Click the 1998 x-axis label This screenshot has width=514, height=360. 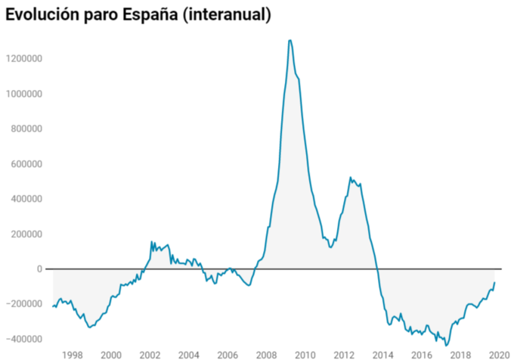pos(72,354)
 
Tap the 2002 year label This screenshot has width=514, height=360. pos(150,354)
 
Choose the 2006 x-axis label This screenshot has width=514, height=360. pos(228,354)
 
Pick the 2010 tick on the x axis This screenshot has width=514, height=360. pos(305,354)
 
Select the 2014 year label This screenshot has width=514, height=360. pos(383,354)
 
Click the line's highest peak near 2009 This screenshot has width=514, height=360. pos(290,40)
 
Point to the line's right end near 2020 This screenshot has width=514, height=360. pos(495,282)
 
